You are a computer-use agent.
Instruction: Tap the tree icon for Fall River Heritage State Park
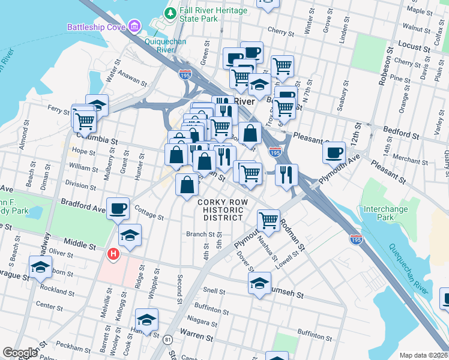(170, 12)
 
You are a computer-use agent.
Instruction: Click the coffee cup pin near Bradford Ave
(118, 209)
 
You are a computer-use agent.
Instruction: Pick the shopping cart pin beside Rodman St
(268, 220)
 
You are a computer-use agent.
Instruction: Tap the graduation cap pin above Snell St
(260, 283)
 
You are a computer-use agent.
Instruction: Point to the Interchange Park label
(385, 213)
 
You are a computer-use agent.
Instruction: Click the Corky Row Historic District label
(221, 210)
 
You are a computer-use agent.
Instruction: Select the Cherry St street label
(279, 30)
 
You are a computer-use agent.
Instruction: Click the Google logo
(20, 353)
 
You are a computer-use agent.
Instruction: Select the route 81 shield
(167, 340)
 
